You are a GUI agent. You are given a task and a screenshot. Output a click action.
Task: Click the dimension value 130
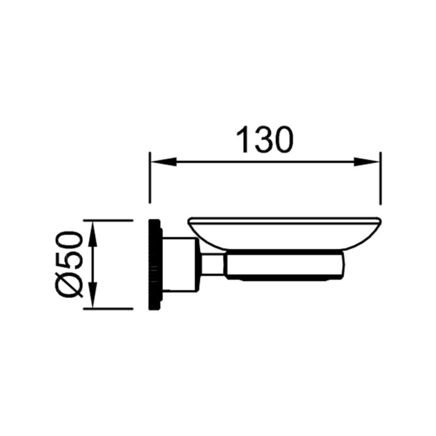[x=265, y=140]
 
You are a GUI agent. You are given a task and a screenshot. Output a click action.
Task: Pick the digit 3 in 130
[x=264, y=140]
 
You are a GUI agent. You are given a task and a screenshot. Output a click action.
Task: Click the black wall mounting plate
[x=156, y=264]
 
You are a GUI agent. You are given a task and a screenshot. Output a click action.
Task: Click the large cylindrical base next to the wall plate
[x=180, y=264]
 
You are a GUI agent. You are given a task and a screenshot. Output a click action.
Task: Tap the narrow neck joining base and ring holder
[x=213, y=265]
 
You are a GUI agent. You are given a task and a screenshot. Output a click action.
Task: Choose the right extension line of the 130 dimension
[x=380, y=180]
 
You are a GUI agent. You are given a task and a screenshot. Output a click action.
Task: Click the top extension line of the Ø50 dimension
[x=109, y=220]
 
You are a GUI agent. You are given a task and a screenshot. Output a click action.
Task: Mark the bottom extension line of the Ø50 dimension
[x=109, y=309]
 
